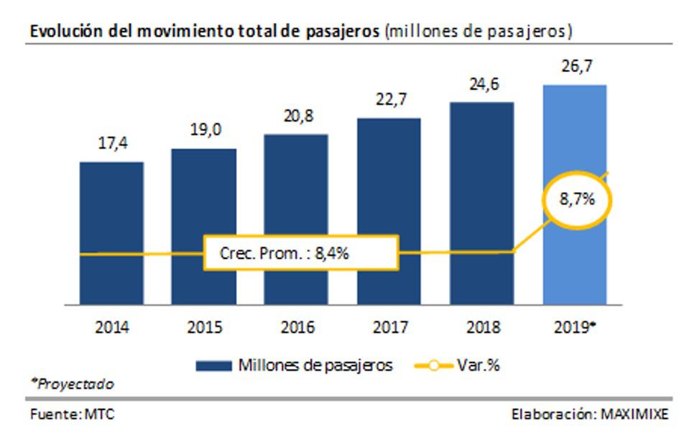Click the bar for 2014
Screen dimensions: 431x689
(x=111, y=209)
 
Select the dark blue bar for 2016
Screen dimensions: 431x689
(x=296, y=187)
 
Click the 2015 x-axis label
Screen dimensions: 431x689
(x=204, y=328)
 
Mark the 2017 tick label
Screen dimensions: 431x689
(x=389, y=328)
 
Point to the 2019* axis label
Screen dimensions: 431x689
(x=575, y=328)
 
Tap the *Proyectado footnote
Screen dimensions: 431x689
(x=71, y=384)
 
